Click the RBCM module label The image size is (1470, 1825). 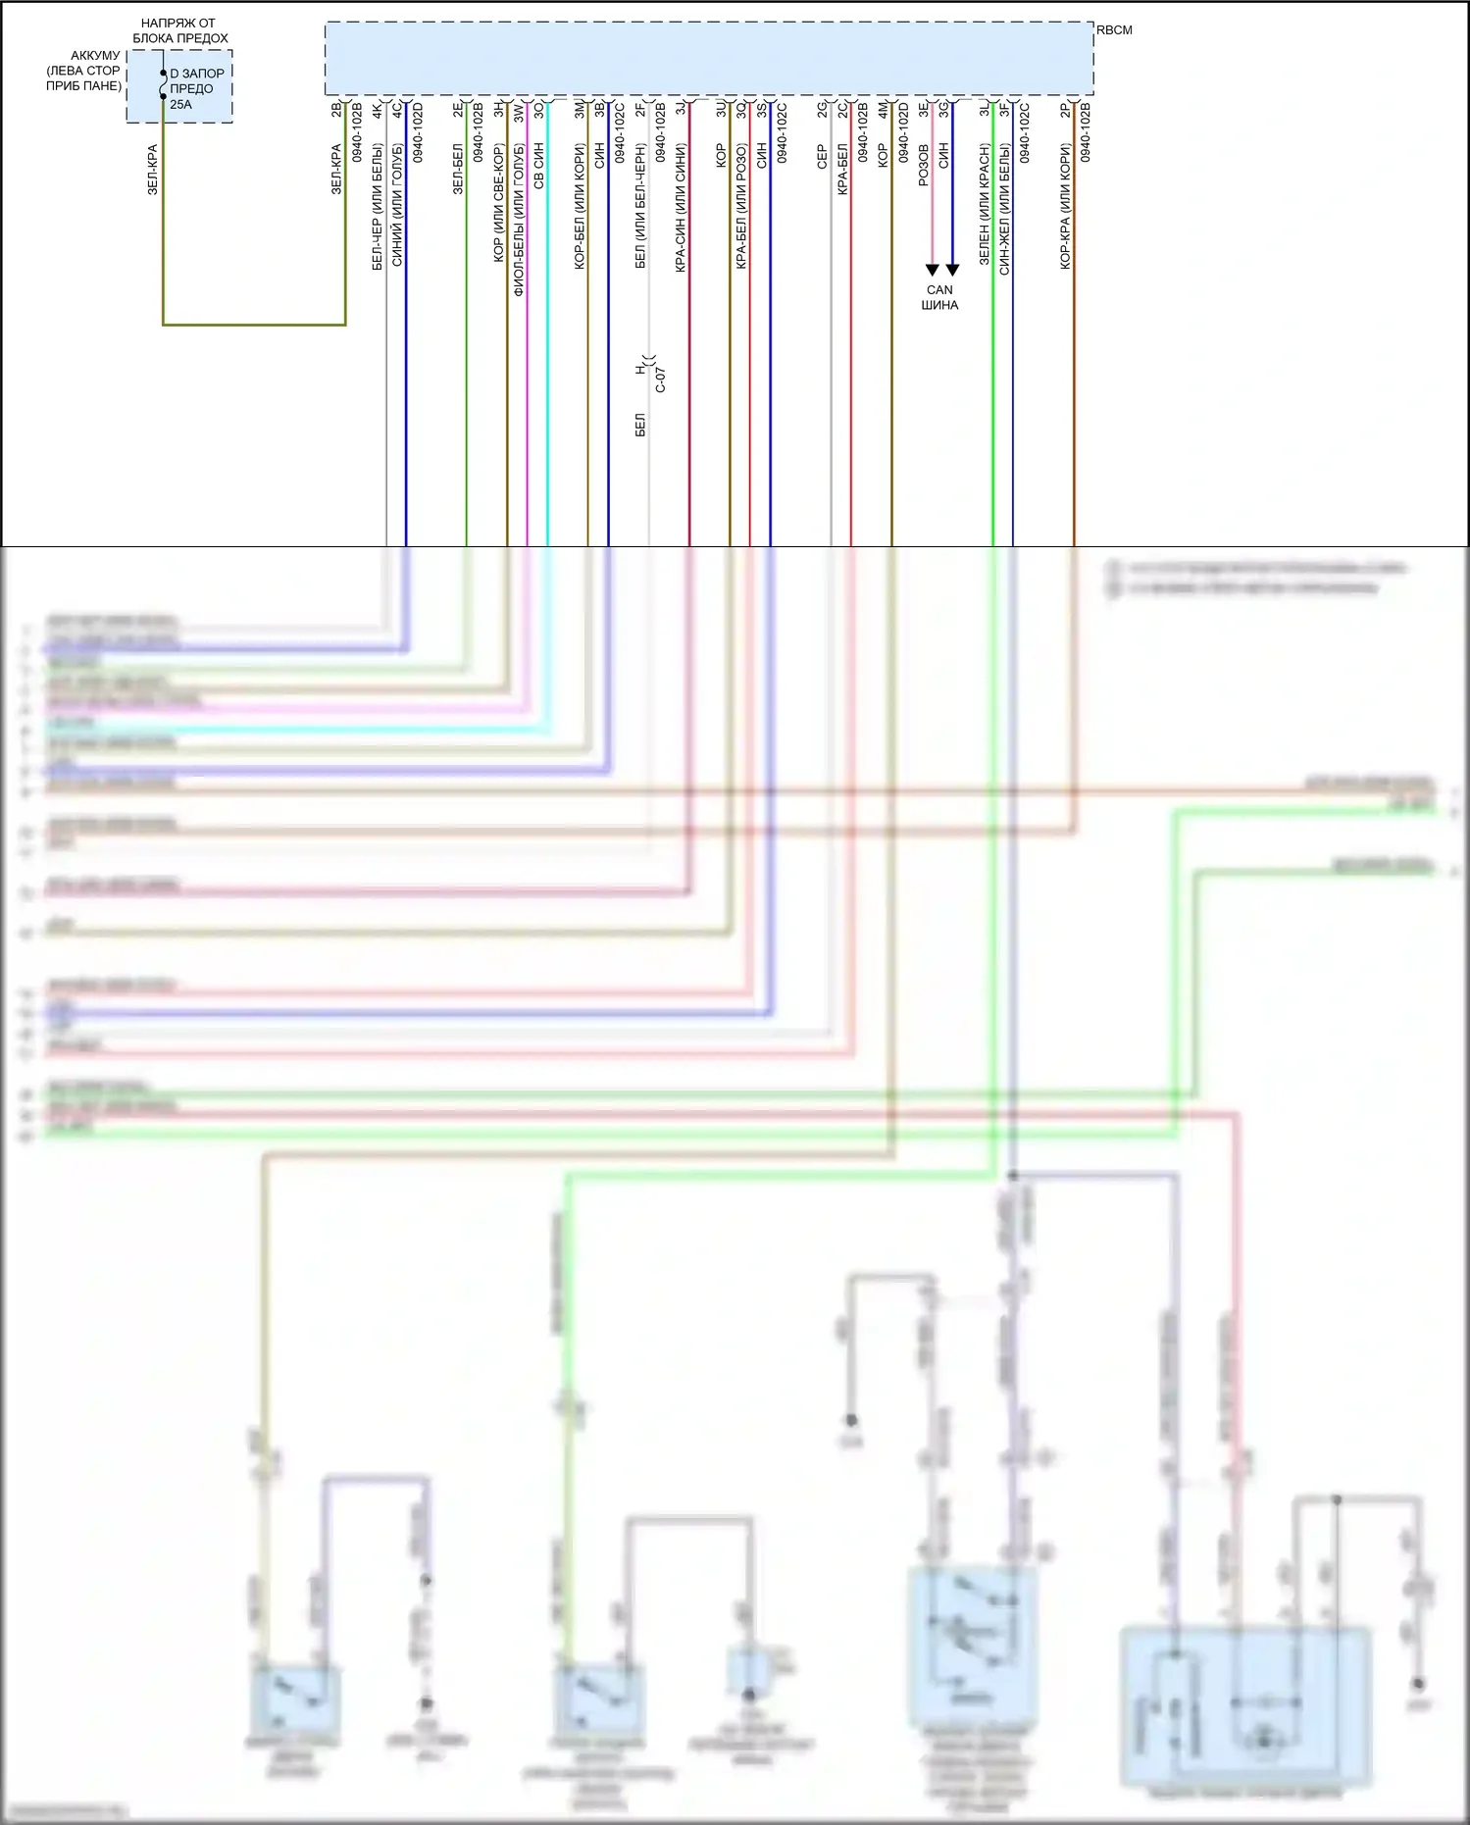[1114, 30]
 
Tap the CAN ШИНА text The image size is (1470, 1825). [939, 297]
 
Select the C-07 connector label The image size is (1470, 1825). [661, 380]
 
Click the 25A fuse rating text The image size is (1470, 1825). [181, 105]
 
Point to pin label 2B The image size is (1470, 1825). [336, 109]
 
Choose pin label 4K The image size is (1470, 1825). [378, 110]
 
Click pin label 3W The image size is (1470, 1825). [519, 110]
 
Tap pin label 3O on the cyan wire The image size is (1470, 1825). [539, 110]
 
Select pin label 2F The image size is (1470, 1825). [640, 109]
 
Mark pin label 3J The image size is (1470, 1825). [681, 110]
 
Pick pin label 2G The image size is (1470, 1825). [823, 109]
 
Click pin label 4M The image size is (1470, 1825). [884, 110]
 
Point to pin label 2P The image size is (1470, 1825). [1066, 109]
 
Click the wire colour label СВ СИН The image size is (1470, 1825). [539, 166]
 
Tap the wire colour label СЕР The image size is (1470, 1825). [823, 157]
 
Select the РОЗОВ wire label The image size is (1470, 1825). [924, 166]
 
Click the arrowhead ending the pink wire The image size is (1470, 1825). [932, 270]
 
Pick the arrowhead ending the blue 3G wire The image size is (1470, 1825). [952, 270]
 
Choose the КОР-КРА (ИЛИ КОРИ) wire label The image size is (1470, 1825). [1066, 207]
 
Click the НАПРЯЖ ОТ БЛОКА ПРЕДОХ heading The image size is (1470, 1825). [179, 30]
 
